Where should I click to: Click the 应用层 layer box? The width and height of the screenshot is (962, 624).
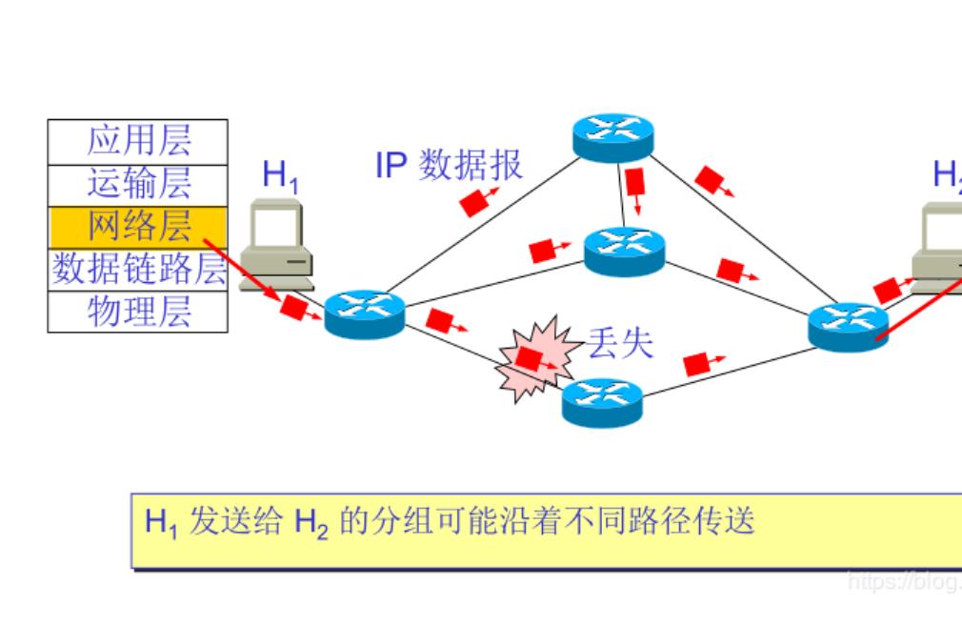(x=138, y=141)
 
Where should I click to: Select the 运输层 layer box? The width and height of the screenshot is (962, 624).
(x=138, y=184)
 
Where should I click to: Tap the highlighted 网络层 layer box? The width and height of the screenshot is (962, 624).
(x=138, y=227)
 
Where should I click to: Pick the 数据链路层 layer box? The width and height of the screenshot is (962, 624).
(x=138, y=270)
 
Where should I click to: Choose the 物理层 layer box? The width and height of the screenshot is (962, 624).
(x=138, y=312)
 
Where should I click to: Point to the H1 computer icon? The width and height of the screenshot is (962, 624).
(x=277, y=244)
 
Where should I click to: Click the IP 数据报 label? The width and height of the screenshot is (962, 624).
(x=449, y=165)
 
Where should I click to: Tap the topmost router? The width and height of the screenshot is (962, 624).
(x=613, y=137)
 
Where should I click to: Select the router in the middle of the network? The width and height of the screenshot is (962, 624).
(x=625, y=251)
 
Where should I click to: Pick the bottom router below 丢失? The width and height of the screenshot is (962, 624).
(x=602, y=402)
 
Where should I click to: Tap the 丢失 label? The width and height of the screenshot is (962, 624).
(x=620, y=343)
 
